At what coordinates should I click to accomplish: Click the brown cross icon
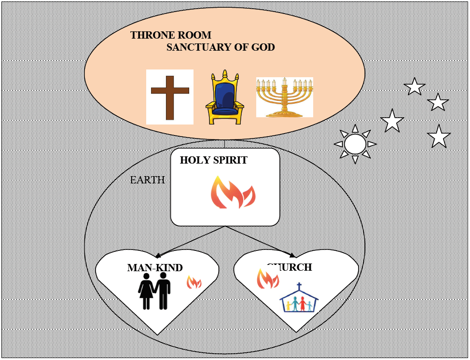170,97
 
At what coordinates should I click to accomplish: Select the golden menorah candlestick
284,97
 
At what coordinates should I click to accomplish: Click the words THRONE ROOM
170,35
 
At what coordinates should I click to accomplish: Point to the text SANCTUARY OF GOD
221,47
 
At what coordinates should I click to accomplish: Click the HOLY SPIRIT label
213,160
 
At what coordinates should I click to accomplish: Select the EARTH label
148,180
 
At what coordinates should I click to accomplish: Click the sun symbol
355,144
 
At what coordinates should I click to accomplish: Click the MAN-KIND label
155,268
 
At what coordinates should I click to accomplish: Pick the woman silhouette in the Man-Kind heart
146,292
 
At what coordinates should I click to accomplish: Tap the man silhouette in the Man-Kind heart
164,291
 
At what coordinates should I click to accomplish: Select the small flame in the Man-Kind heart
194,282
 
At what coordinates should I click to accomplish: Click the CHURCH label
290,267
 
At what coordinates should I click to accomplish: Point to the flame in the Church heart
267,278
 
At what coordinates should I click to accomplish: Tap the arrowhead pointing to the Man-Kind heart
158,255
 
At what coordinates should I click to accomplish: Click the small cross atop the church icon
299,286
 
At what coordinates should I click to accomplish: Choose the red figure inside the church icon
303,304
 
